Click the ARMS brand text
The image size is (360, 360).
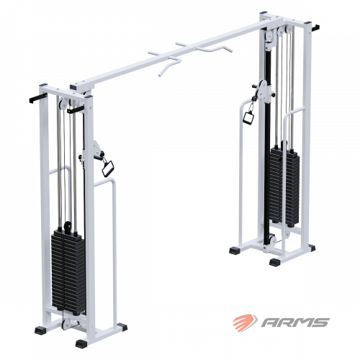[295, 323]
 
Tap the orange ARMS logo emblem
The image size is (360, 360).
[245, 321]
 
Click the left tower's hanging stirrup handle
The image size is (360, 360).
[107, 167]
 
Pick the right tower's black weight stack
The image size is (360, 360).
[284, 185]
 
